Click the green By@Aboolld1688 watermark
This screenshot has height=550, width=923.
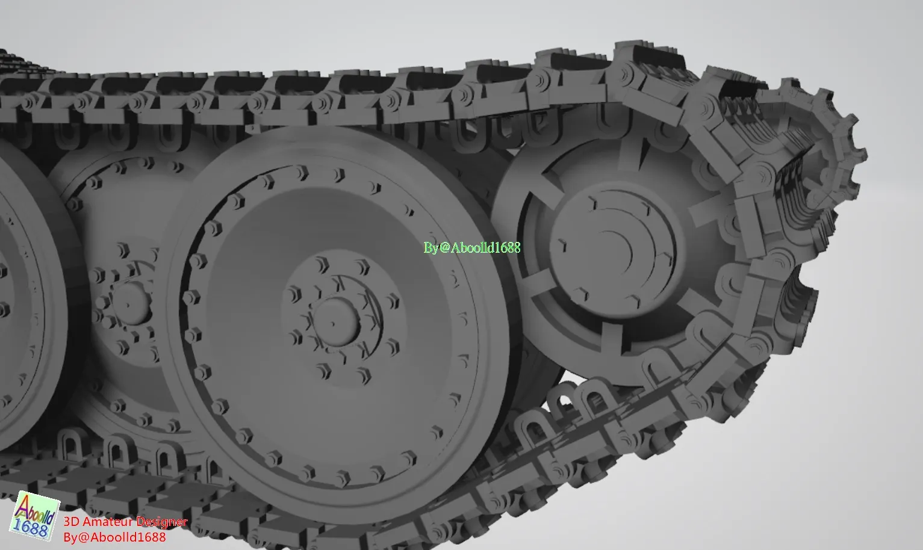(471, 247)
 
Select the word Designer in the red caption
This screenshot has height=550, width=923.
(162, 522)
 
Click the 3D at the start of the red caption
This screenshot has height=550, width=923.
(71, 522)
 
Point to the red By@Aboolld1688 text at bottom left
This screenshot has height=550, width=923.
(114, 537)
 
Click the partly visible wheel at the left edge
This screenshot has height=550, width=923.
(18, 289)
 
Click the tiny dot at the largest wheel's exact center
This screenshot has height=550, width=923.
(332, 324)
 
